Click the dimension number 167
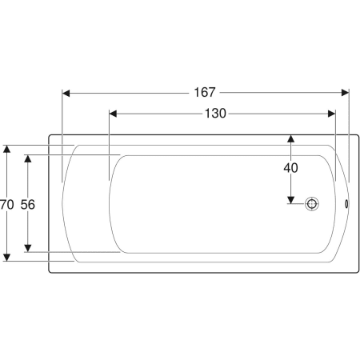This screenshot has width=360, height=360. [205, 93]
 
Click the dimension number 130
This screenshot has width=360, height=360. [215, 114]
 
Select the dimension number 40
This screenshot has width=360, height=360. [290, 168]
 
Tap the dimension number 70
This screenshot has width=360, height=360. [6, 205]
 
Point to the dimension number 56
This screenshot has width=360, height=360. [28, 205]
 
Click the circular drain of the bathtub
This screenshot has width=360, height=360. [312, 204]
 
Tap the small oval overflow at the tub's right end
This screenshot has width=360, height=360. [346, 204]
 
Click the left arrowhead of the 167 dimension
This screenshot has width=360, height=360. [66, 94]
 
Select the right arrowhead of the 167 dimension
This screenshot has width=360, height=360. [345, 93]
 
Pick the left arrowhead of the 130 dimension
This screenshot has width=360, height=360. [113, 114]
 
